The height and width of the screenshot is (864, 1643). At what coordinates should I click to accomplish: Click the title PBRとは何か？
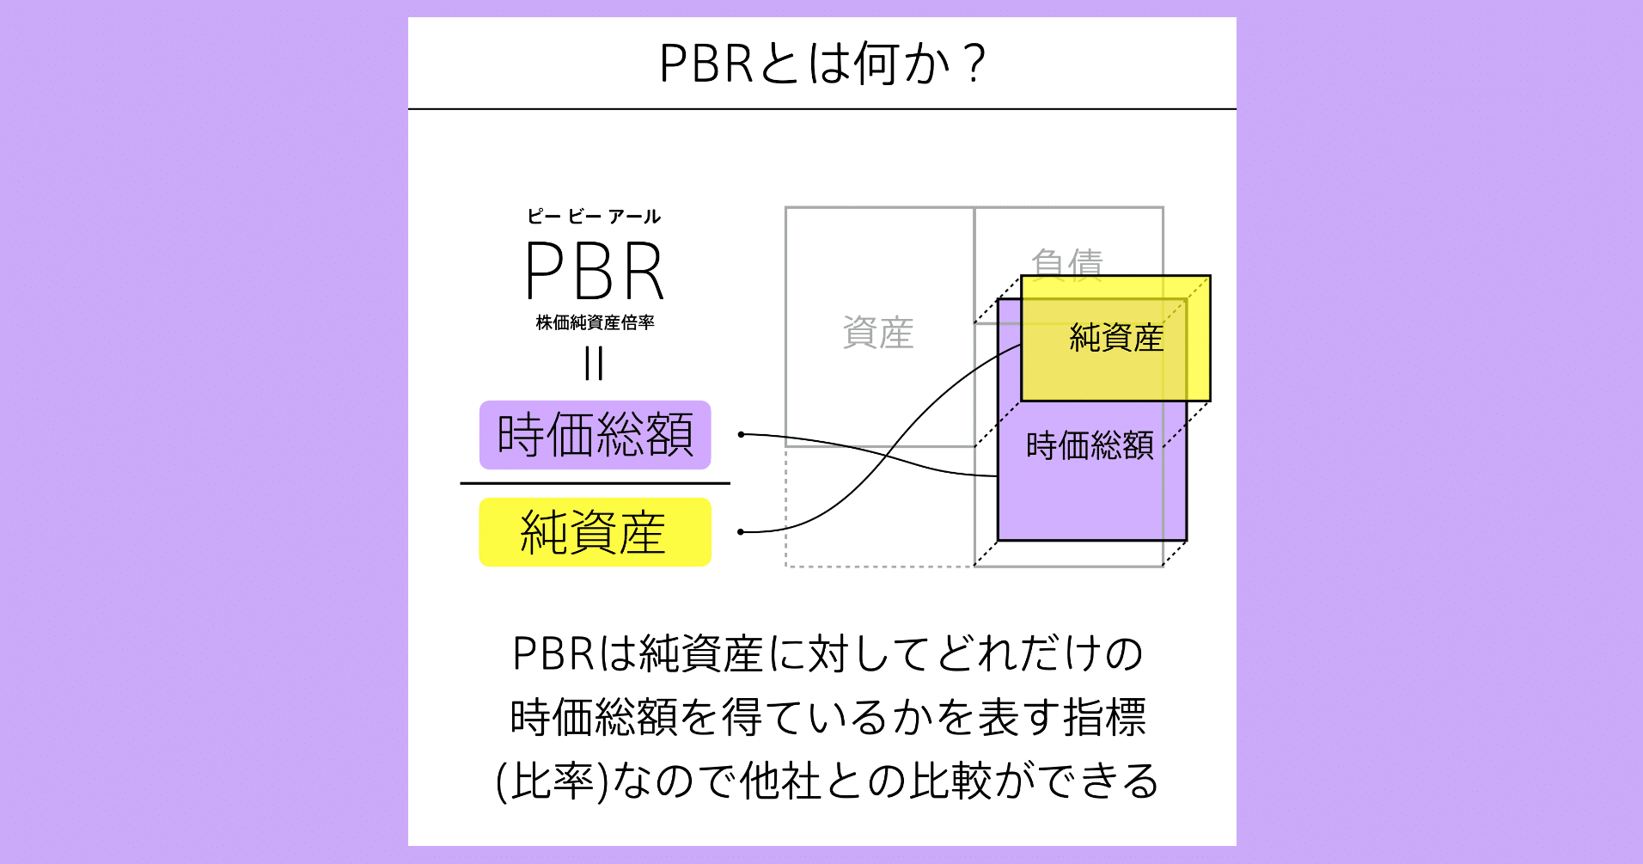tap(821, 64)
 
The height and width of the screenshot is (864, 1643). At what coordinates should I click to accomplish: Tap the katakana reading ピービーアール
tap(594, 217)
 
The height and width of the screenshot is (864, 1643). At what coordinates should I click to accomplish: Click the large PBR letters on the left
tap(594, 271)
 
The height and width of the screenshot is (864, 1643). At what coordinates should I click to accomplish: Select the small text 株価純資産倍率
tap(595, 322)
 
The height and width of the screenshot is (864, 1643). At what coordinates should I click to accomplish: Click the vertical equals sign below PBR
tap(594, 363)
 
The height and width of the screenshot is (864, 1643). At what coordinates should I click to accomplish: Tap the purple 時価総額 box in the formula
tap(595, 435)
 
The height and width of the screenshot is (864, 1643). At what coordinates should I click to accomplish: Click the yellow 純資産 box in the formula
tap(595, 532)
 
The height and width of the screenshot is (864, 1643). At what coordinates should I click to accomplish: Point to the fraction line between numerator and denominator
tap(595, 483)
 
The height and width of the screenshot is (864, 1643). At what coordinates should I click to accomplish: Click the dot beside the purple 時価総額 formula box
tap(741, 435)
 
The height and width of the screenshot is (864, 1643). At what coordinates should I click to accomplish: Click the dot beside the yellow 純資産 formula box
tap(741, 532)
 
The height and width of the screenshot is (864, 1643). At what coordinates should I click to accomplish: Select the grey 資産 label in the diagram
tap(877, 333)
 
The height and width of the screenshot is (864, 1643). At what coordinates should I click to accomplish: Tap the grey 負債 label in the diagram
tap(1066, 262)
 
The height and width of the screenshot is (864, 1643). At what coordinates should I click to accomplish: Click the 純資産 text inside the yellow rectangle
tap(1115, 338)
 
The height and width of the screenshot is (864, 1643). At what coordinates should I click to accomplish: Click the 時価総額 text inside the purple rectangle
tap(1089, 445)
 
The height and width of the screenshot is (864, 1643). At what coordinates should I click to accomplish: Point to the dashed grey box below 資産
tap(878, 507)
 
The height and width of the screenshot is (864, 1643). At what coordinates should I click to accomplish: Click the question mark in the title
tap(974, 64)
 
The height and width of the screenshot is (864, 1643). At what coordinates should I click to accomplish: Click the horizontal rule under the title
tap(821, 109)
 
